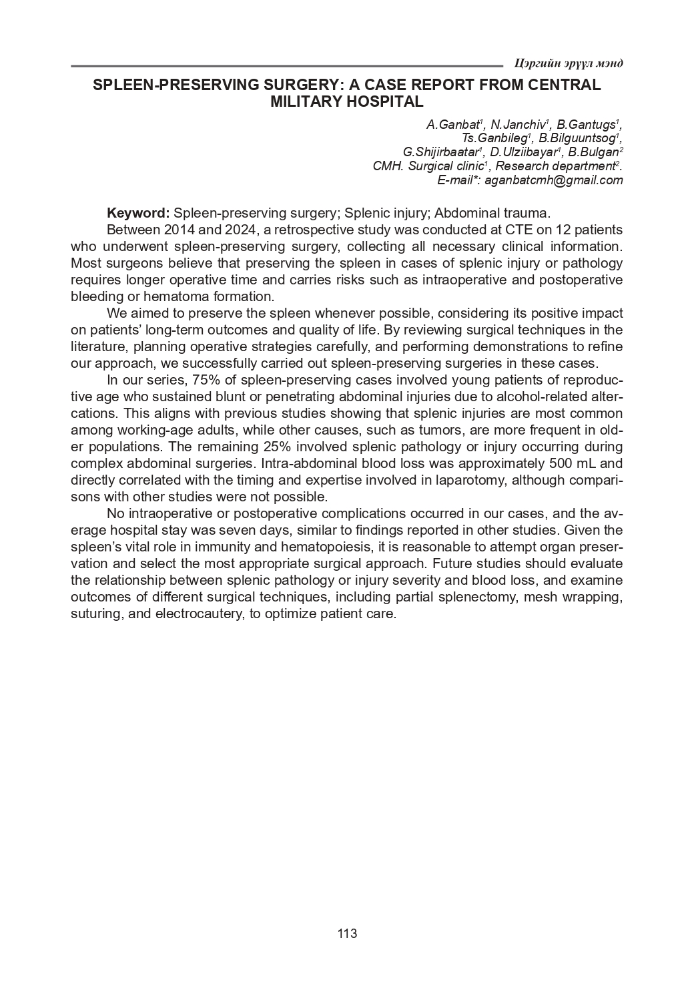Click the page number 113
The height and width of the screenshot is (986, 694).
[x=347, y=933]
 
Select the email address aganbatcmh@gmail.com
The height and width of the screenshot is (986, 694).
[x=553, y=180]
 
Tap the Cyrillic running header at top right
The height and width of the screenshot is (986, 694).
[x=569, y=63]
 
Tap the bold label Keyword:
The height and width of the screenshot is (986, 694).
[x=138, y=213]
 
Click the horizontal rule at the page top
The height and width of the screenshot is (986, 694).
[x=287, y=66]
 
